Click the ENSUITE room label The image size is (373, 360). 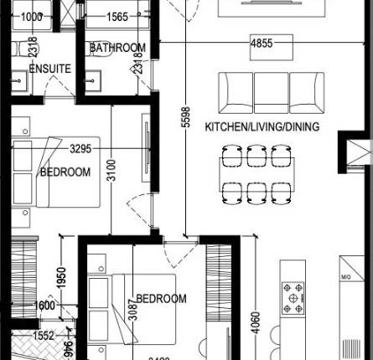pos(49,69)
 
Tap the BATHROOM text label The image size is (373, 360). pos(117,49)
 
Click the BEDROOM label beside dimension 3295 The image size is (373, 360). pos(65,172)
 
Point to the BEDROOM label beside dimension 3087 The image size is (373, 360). pos(161,299)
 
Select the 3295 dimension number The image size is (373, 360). pos(68,149)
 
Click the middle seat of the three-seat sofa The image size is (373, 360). pos(271,89)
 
